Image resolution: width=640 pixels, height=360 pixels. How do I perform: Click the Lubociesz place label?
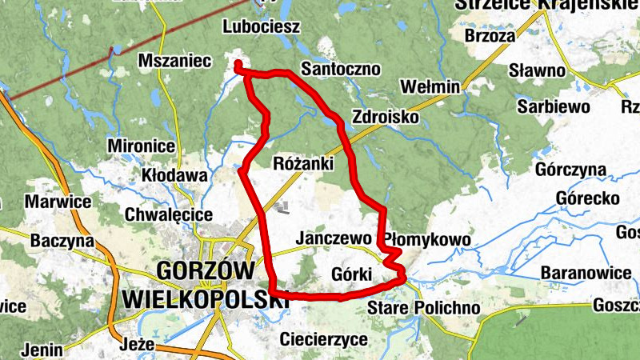(x=262, y=27)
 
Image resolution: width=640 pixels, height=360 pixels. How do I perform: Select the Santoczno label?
(x=340, y=69)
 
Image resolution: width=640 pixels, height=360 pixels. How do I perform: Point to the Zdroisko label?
(x=385, y=117)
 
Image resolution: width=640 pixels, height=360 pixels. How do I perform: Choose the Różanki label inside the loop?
(x=303, y=164)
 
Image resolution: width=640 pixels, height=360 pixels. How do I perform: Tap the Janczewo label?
(x=333, y=238)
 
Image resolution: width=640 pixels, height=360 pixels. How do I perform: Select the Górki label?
(x=351, y=275)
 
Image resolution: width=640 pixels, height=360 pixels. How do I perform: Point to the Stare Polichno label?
(x=423, y=308)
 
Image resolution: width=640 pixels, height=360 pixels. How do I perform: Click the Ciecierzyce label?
(x=324, y=340)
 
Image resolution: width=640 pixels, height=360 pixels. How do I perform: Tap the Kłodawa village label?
(x=174, y=174)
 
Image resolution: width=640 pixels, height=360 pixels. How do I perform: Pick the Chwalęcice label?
(x=169, y=214)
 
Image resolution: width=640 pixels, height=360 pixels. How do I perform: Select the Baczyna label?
(x=62, y=240)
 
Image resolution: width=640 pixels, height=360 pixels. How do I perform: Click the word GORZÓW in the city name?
(x=206, y=270)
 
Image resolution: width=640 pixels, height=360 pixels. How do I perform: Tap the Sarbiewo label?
(x=553, y=106)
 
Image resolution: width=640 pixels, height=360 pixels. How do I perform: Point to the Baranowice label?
(x=586, y=273)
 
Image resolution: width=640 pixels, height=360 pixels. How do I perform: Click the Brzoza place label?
(x=490, y=36)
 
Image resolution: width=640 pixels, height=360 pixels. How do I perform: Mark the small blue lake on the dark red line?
(x=118, y=50)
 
